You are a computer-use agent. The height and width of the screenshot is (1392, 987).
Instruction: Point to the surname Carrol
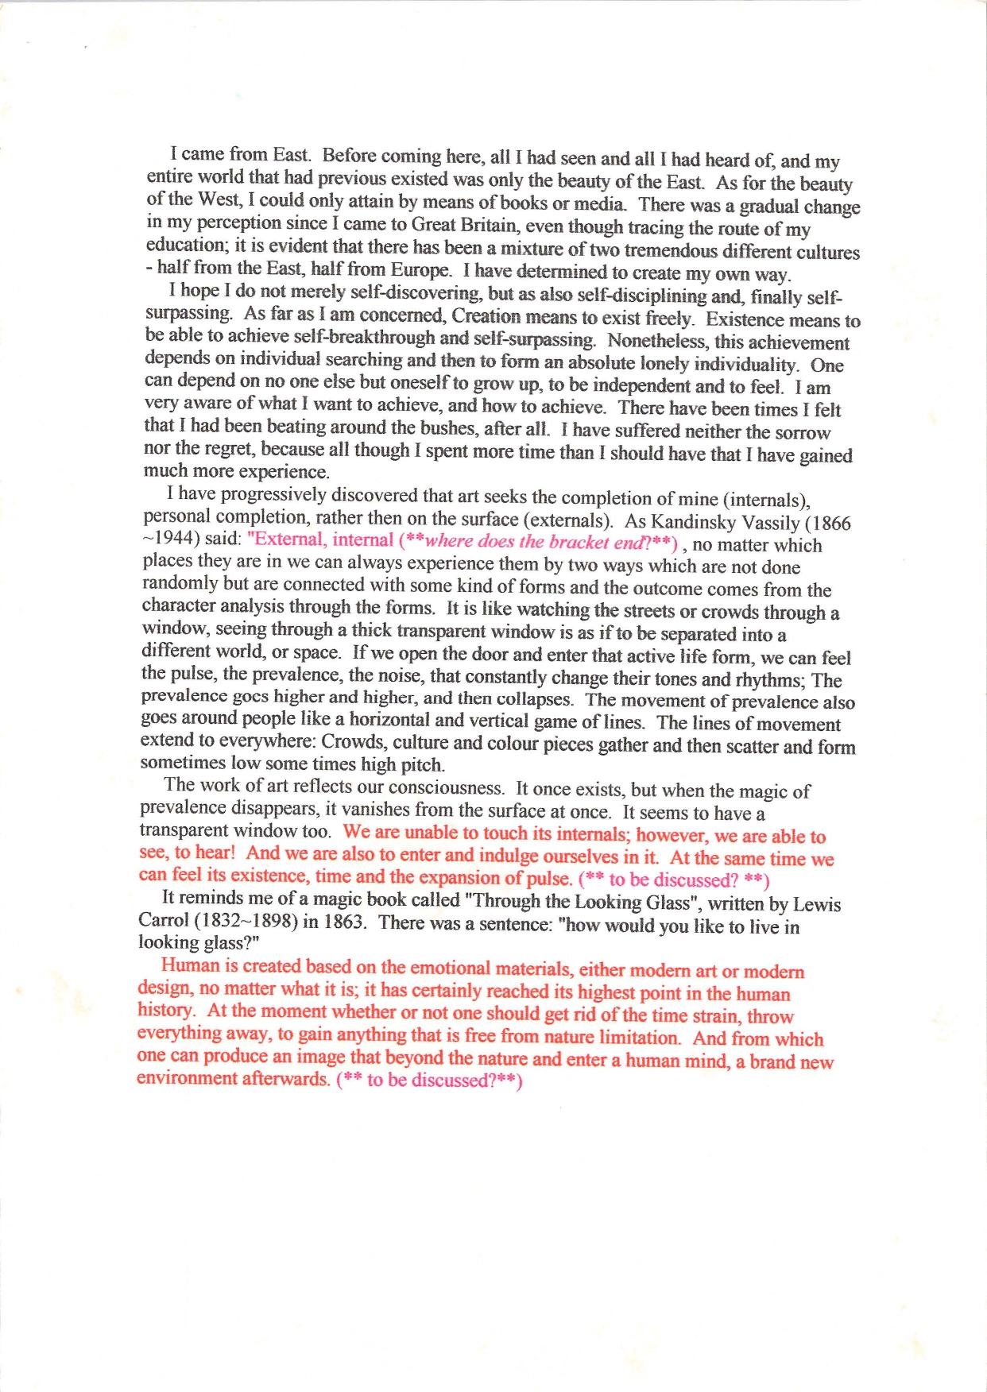tap(164, 920)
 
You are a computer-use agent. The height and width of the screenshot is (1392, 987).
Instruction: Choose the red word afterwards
tap(284, 1079)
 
